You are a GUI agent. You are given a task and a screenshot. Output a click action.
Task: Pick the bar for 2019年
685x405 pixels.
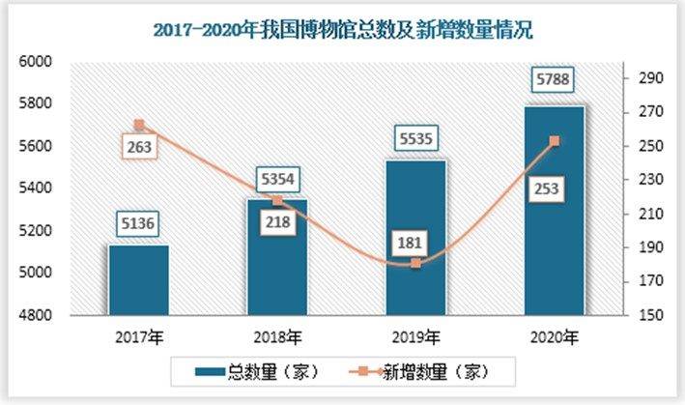[x=415, y=238]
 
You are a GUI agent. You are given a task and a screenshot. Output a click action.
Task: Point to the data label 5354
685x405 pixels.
[x=277, y=179]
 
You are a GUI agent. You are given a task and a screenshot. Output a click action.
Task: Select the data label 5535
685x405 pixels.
[x=415, y=141]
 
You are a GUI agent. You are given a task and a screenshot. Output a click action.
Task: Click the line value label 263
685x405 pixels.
[x=138, y=148]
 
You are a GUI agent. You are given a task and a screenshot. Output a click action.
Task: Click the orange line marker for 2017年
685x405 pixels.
[x=138, y=125]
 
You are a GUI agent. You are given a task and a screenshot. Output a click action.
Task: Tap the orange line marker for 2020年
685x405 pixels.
[x=554, y=141]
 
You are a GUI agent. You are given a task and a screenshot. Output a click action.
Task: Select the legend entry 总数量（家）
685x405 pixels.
[x=255, y=370]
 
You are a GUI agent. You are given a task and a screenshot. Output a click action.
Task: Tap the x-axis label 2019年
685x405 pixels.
[x=415, y=337]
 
